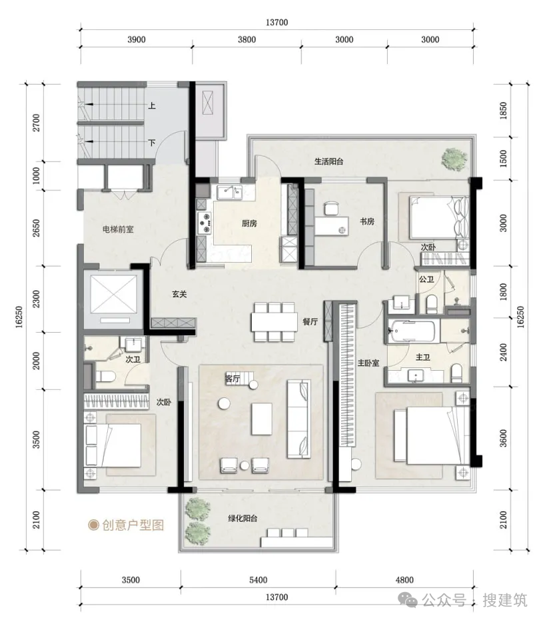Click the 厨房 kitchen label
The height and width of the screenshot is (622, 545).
[249, 224]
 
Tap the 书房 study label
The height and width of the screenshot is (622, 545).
[367, 221]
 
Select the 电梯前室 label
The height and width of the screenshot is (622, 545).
[118, 229]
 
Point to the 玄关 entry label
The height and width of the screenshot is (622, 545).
[179, 294]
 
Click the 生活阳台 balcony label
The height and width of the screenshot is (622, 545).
[329, 161]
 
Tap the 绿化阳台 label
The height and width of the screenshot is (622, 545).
[243, 518]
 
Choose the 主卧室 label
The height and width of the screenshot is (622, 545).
[368, 363]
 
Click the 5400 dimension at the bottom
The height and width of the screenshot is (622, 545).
[258, 580]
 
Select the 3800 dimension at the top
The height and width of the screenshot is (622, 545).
[247, 40]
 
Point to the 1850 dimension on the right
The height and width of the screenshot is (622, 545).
[504, 111]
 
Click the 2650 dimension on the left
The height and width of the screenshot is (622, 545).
[36, 228]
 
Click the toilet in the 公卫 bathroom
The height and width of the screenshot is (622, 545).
[431, 305]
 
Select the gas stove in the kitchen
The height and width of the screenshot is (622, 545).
[205, 223]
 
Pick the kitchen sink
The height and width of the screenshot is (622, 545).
[229, 193]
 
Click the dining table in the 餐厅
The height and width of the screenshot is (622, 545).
[274, 322]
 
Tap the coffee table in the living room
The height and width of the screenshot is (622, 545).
[262, 419]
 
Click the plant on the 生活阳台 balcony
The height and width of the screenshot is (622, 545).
[454, 159]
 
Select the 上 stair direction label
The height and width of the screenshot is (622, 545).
[152, 105]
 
